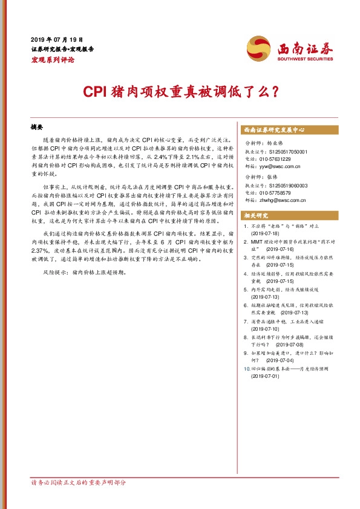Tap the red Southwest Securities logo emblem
point(258,48)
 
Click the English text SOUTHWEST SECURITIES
point(305,60)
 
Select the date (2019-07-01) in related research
point(267,376)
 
